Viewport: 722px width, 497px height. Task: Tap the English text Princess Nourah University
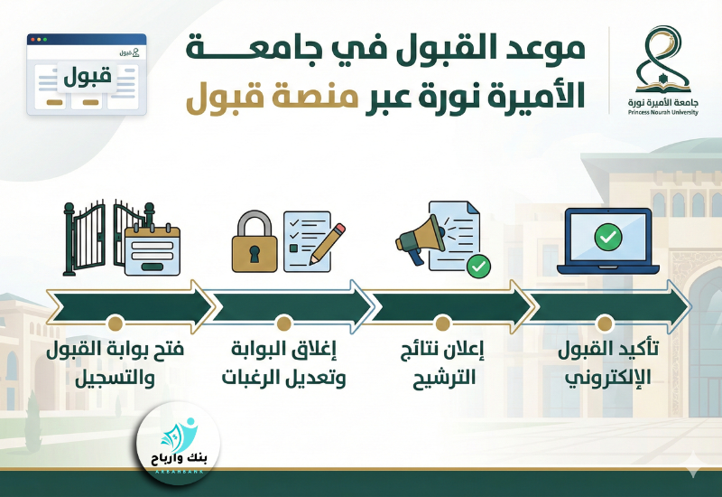pyautogui.click(x=664, y=112)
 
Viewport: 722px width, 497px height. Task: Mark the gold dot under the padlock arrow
pyautogui.click(x=283, y=323)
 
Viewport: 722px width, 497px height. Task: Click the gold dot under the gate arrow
pyautogui.click(x=115, y=323)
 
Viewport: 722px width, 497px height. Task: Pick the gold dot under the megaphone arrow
pyautogui.click(x=442, y=323)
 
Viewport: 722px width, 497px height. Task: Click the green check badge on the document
pyautogui.click(x=478, y=266)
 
